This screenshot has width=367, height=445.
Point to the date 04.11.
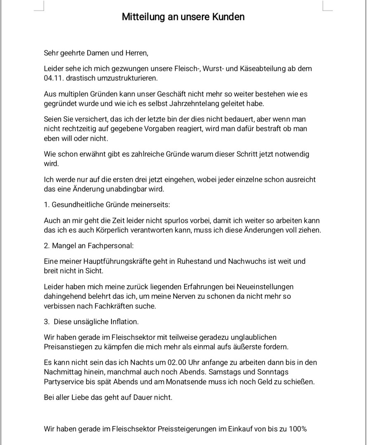pos(53,78)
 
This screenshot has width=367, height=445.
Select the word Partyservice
pos(63,382)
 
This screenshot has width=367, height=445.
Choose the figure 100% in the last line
pos(298,429)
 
